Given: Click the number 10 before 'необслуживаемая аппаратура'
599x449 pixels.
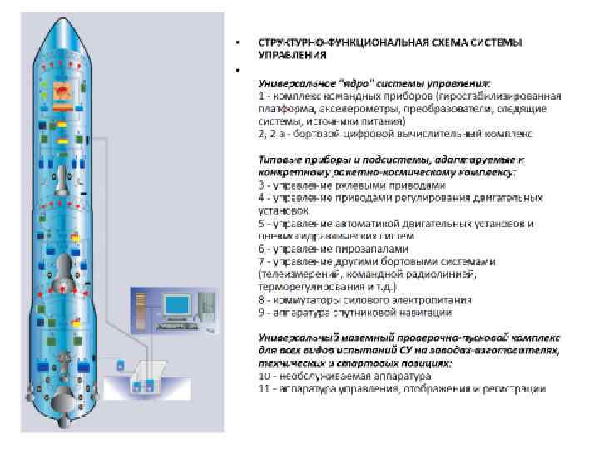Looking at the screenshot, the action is [x=265, y=377].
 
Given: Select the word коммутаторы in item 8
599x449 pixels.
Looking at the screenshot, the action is [x=304, y=299].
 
